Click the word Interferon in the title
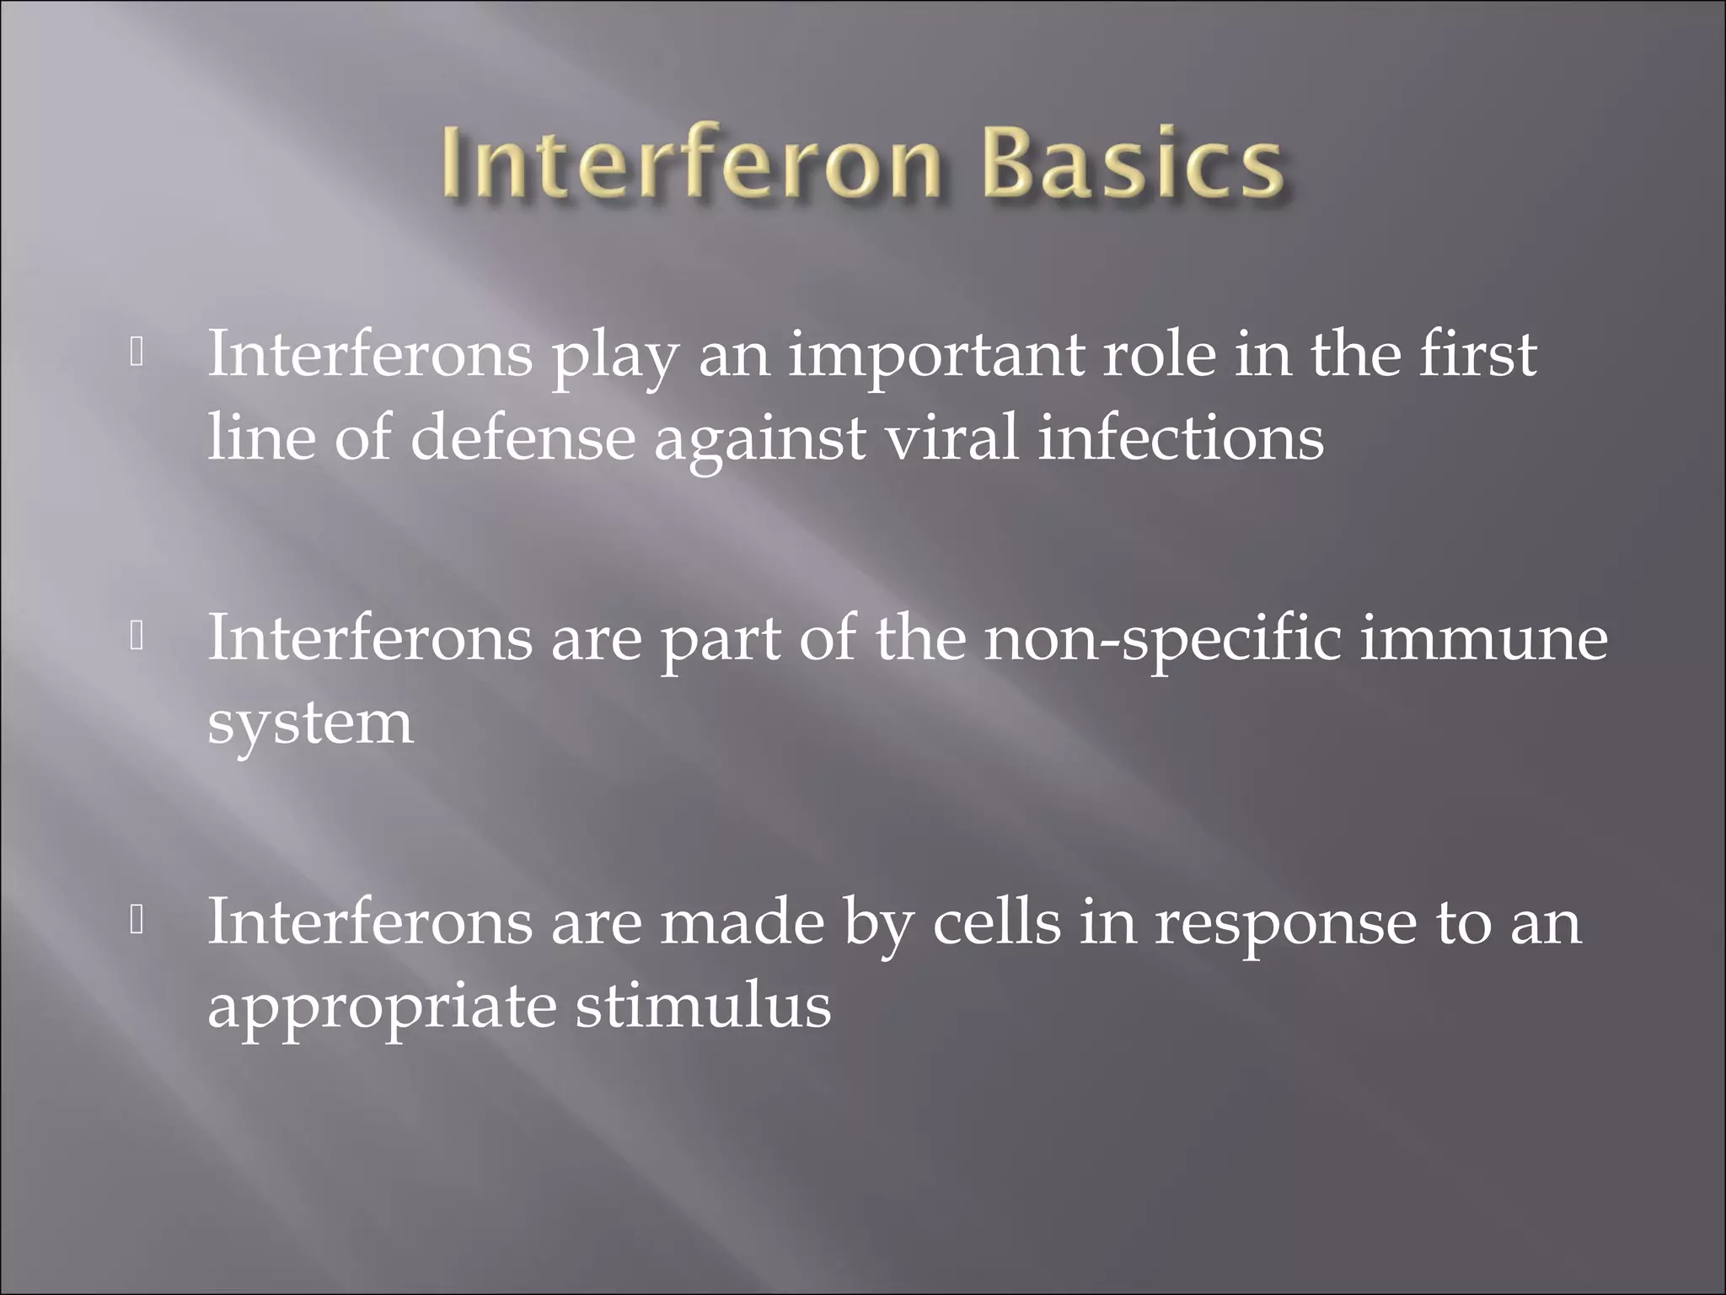689,163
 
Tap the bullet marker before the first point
137,353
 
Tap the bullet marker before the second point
137,637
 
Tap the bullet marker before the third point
137,922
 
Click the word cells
996,922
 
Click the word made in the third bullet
742,922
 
